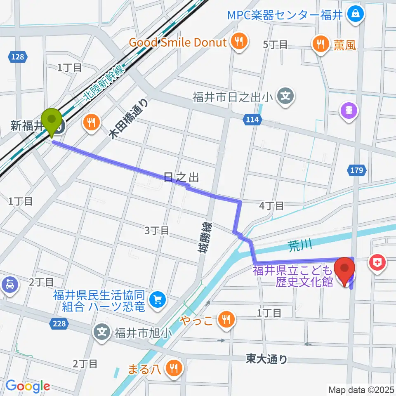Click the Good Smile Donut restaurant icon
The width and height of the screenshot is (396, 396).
[x=238, y=42]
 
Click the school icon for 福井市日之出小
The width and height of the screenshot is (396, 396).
[x=285, y=97]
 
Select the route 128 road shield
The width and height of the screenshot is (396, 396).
[x=18, y=57]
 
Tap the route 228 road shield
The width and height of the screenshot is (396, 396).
[x=59, y=324]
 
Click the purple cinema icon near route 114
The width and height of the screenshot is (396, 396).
[x=349, y=110]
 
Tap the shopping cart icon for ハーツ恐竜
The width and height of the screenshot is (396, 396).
[x=157, y=300]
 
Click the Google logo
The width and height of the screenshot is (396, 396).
[x=28, y=386]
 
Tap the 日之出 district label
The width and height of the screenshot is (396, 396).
[x=181, y=177]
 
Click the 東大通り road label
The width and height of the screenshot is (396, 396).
[x=266, y=359]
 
